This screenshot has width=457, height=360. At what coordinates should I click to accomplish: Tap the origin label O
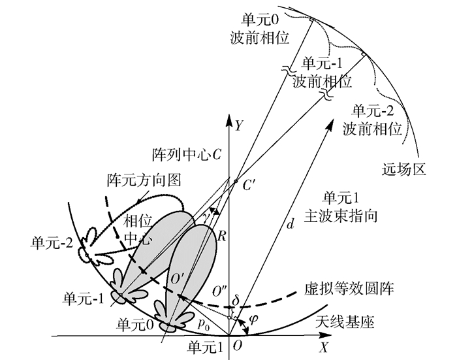238,346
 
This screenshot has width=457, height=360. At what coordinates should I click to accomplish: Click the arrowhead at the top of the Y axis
228,118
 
